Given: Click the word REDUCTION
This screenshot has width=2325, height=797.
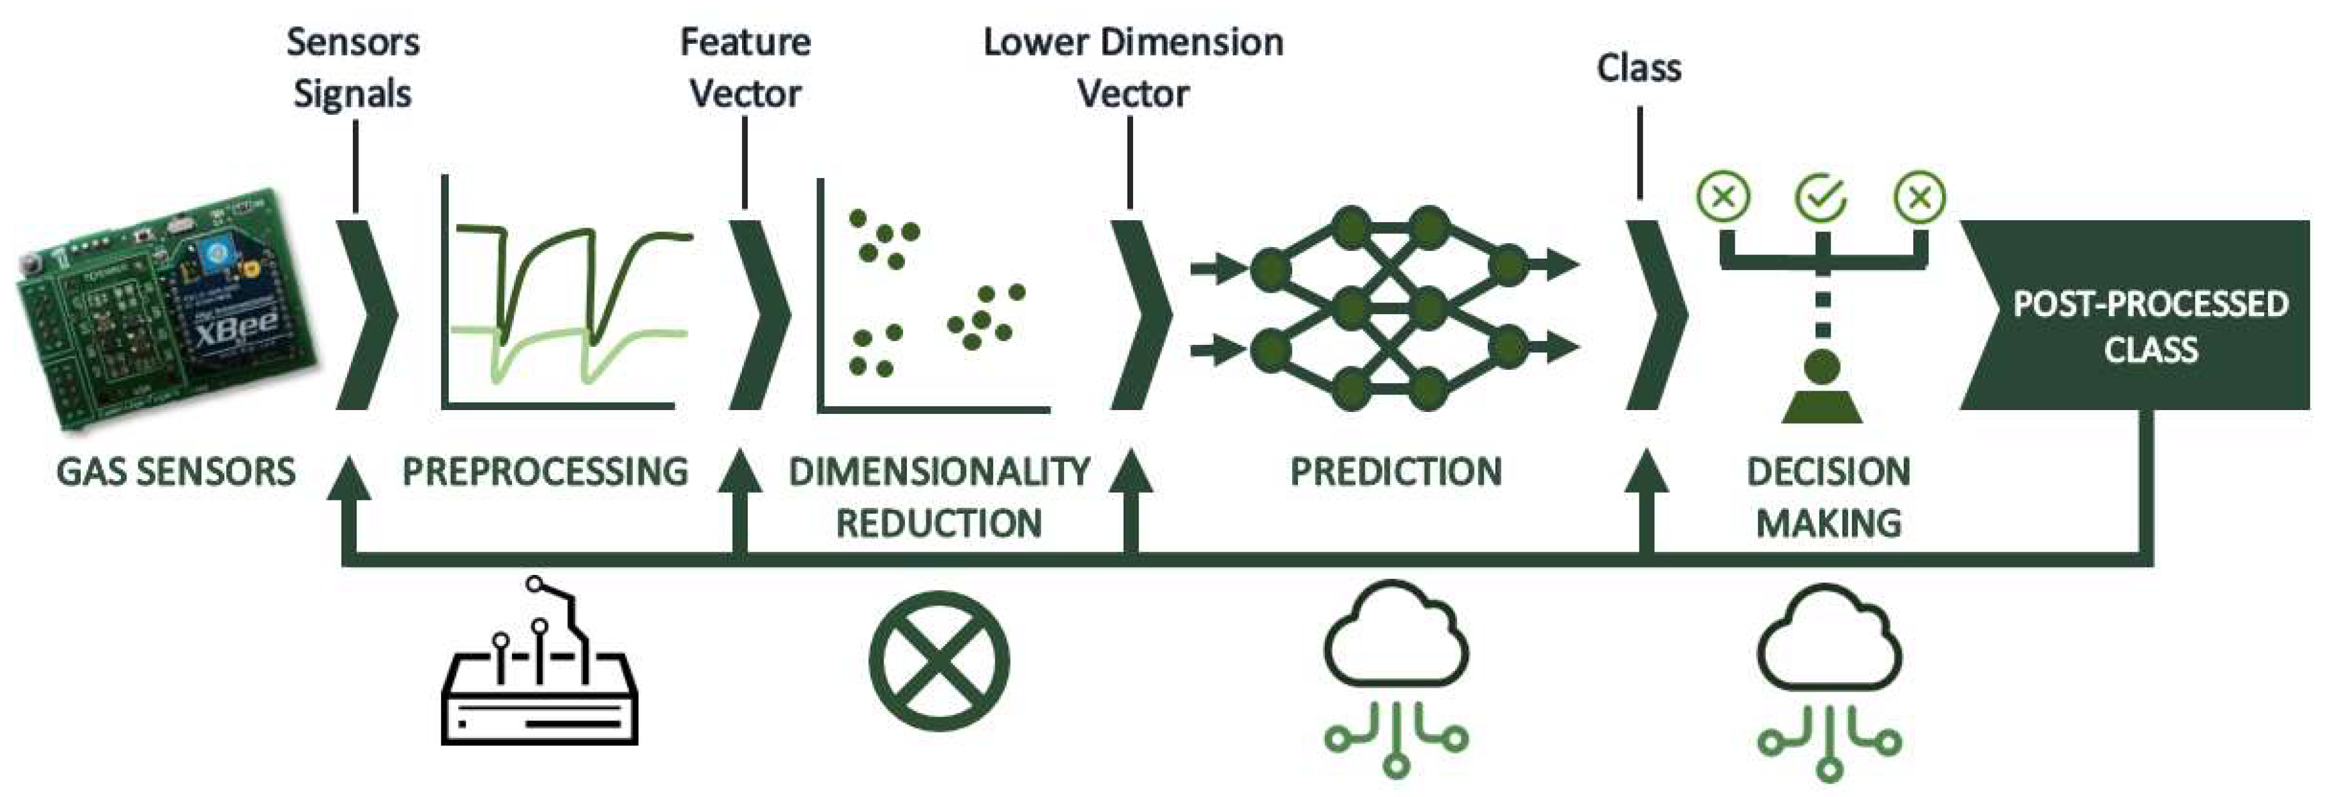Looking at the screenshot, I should [939, 524].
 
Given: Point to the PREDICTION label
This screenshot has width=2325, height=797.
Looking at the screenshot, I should [1396, 472].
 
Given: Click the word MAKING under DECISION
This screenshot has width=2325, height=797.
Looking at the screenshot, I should [1829, 524].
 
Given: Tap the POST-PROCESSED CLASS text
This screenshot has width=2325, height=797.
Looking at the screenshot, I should [2150, 327].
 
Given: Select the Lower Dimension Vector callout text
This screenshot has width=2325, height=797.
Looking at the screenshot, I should [1132, 68].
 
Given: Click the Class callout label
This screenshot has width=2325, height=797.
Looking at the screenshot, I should [1638, 68].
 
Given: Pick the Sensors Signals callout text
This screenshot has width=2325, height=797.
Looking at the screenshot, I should [353, 68].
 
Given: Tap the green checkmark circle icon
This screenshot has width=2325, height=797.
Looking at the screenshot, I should [1821, 198].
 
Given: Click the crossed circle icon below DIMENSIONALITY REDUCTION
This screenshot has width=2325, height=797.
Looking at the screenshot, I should [939, 660].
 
